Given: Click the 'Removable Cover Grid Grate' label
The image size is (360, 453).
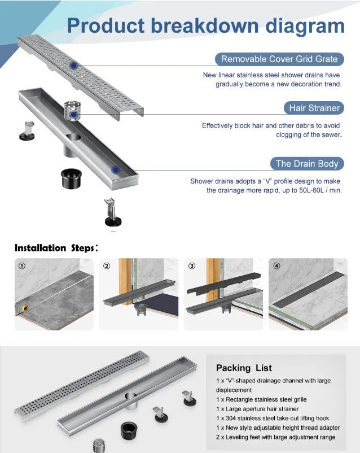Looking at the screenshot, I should pos(279,59).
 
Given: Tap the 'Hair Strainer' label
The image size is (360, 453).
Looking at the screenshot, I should pos(314,108).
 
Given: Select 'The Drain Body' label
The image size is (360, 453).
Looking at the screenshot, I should pos(307,164).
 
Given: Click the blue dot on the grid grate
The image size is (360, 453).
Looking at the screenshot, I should pos(73,66).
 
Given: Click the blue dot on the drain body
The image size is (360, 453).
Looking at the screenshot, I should pos(116,169).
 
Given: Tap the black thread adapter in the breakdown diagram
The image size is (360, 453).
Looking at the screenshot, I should pos(72,178).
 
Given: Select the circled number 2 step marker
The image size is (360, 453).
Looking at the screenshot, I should pos(107,266).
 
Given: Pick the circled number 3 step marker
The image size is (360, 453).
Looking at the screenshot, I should pos(192,266).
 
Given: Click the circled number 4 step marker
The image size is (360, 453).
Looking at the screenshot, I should pos(276,266).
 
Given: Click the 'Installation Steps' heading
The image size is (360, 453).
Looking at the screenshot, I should pos(56,248).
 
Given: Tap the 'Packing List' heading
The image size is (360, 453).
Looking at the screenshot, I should pos(244,368).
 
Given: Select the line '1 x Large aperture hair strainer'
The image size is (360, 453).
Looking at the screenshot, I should pos(257,408).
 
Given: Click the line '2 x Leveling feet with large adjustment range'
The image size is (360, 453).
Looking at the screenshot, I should pos(275,437).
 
